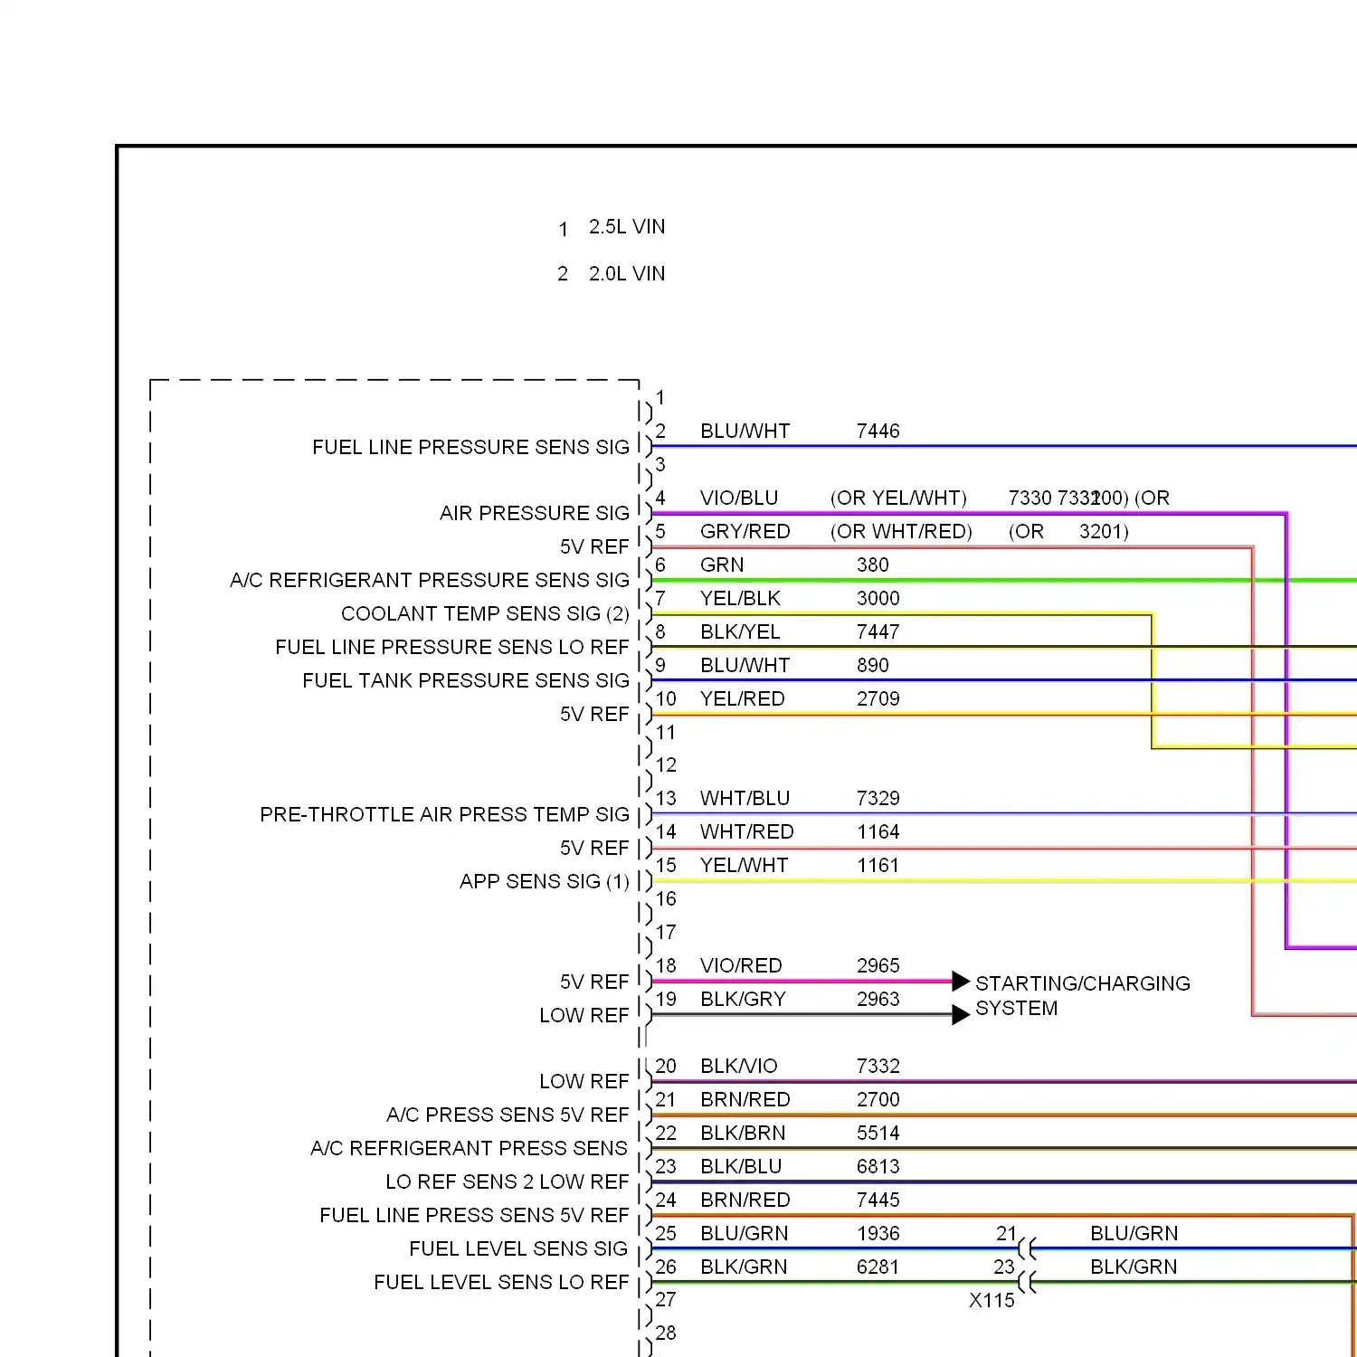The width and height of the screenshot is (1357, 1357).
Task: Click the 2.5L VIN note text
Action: pos(626,227)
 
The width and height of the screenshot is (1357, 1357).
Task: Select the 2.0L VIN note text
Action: pos(626,274)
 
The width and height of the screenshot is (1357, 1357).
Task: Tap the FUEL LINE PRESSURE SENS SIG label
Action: pos(470,447)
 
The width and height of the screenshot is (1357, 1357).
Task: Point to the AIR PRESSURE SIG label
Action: pos(534,514)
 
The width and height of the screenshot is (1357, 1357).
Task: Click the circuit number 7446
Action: pos(878,432)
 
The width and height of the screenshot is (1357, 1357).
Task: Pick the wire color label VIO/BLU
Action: pos(738,498)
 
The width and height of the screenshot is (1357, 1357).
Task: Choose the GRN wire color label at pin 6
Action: pos(722,565)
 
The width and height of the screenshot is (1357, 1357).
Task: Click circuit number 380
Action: pos(872,565)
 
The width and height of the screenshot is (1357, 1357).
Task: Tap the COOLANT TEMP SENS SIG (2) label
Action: pos(485,614)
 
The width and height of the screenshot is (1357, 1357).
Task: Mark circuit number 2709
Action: pos(878,699)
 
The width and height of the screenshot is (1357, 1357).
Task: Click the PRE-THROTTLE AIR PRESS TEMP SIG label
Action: pos(444,815)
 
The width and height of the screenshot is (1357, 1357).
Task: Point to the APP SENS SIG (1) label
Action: pos(544,882)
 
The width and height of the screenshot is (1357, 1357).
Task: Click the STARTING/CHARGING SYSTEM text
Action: pos(1082,995)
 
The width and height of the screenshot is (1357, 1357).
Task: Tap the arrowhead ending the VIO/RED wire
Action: pos(961,981)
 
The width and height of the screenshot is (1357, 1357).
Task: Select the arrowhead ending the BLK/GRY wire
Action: pos(961,1015)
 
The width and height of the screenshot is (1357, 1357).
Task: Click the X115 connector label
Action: pos(992,1301)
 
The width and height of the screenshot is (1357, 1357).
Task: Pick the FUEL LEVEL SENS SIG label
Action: pos(518,1249)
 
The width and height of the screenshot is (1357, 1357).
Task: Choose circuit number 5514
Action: pos(878,1134)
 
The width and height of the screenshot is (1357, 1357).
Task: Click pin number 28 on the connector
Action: pos(666,1333)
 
